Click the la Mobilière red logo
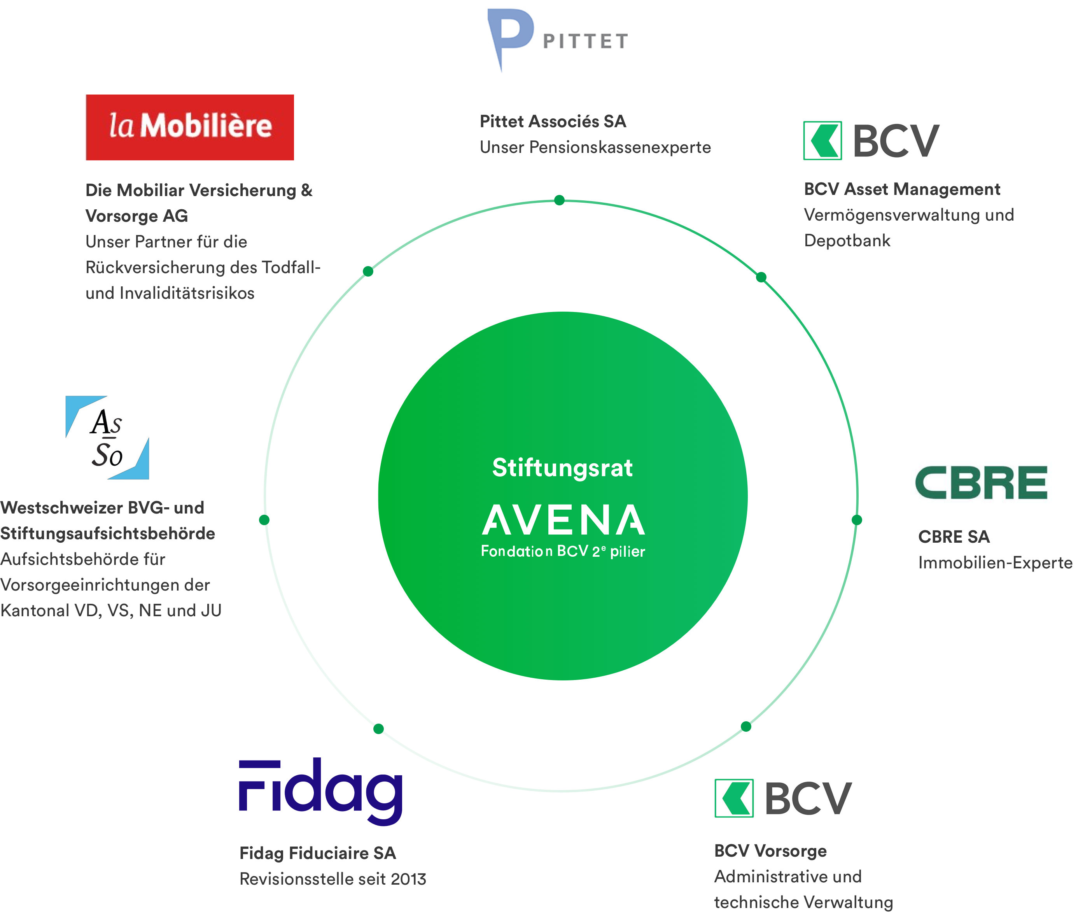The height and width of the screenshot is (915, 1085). coord(190,127)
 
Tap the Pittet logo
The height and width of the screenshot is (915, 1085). coord(557,40)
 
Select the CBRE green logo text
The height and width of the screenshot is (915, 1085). coord(981,482)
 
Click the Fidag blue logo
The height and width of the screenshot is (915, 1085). coord(321,791)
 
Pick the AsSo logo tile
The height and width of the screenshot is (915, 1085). coord(107,437)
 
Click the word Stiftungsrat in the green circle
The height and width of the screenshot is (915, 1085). coord(562,468)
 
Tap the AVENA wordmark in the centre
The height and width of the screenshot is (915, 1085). coord(563,520)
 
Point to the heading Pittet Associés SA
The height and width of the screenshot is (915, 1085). coord(553,121)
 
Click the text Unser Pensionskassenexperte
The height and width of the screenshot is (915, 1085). coord(595,147)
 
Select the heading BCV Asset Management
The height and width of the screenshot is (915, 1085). coord(902,189)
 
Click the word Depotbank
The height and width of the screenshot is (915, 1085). coord(847,241)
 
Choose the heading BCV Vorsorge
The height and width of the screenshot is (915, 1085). coord(770,851)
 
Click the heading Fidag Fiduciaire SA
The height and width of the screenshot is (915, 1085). coord(317,853)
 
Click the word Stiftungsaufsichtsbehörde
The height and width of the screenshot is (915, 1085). coord(107,533)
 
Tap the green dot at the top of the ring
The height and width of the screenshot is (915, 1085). coord(559,200)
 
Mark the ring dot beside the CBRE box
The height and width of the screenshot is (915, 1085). coord(857,520)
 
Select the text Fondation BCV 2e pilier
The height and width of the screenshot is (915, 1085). coord(563,551)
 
